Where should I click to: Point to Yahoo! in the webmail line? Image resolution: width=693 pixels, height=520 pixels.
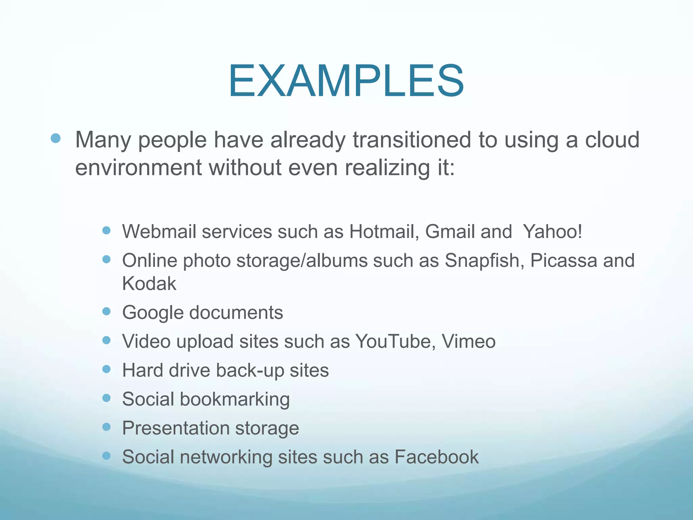pyautogui.click(x=552, y=232)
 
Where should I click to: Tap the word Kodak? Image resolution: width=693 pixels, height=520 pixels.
pyautogui.click(x=149, y=284)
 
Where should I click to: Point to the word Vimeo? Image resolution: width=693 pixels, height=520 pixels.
pyautogui.click(x=469, y=341)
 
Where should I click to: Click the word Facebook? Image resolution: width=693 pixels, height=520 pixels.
pyautogui.click(x=437, y=457)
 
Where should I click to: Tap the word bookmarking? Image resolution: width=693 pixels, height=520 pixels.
pyautogui.click(x=235, y=399)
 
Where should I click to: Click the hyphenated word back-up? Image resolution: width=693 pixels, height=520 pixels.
pyautogui.click(x=250, y=371)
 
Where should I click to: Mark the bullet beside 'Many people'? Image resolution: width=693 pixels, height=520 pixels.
pyautogui.click(x=55, y=138)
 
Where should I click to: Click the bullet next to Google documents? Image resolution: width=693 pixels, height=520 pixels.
pyautogui.click(x=107, y=311)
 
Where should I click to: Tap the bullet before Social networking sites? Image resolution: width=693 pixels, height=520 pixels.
pyautogui.click(x=107, y=456)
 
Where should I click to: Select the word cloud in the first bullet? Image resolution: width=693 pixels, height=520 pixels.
pyautogui.click(x=612, y=140)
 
